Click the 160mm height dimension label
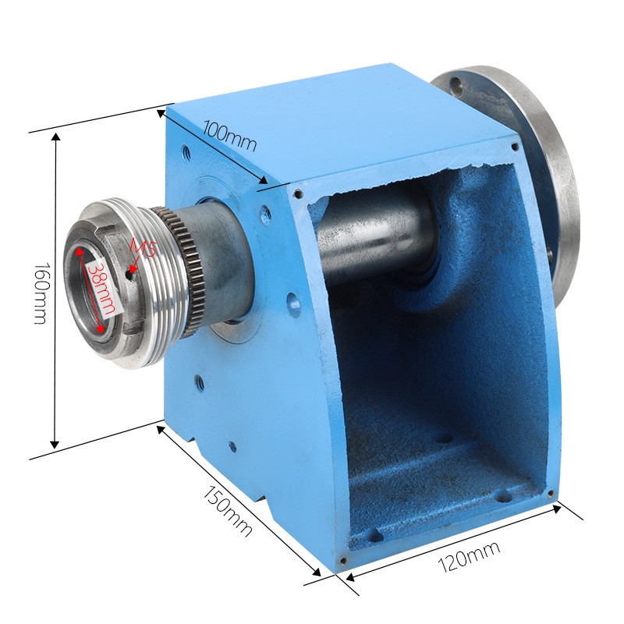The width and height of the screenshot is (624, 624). coord(41,292)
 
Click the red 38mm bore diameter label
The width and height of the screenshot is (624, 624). coord(102,289)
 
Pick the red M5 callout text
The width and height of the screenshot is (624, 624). coord(142,250)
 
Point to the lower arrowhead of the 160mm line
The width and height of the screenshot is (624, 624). coord(55,444)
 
